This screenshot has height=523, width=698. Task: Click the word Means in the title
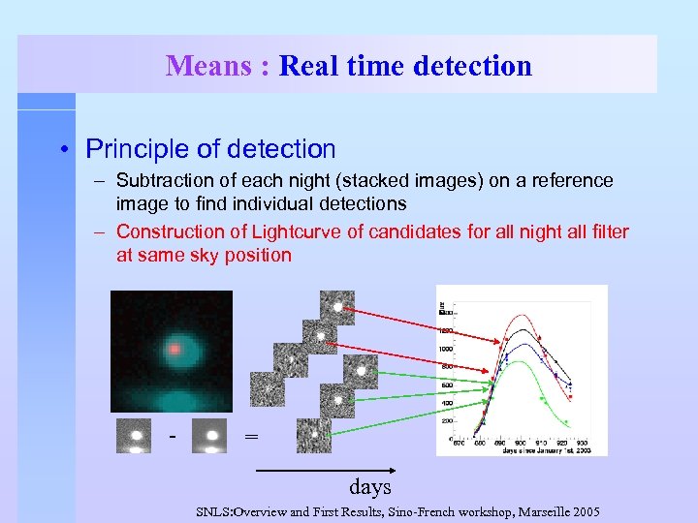[208, 66]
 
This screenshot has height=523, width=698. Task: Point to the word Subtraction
[162, 181]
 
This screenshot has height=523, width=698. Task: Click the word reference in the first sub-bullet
[571, 181]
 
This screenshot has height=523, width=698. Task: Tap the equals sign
[251, 437]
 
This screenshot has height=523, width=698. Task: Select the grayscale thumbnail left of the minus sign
[133, 435]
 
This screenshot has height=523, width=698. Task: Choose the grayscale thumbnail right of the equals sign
[313, 435]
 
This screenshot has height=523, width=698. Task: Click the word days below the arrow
[370, 486]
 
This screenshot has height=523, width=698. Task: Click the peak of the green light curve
[524, 362]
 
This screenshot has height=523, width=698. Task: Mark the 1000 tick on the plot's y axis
[445, 348]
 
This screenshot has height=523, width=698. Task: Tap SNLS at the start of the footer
[214, 510]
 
